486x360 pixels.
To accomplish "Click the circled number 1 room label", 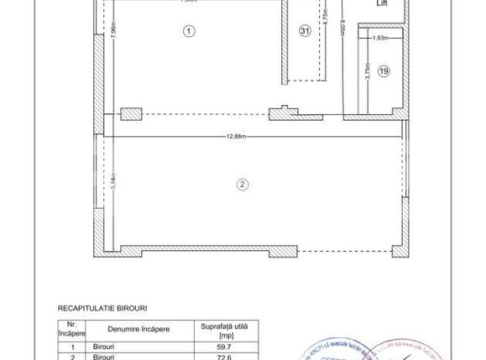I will (x=189, y=31).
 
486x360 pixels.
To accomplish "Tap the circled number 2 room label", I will (x=242, y=185).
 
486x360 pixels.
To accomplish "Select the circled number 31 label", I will (x=305, y=31).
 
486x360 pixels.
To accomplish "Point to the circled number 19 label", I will (x=384, y=72).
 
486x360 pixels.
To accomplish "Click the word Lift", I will (x=382, y=3).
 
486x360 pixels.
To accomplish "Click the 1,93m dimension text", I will (x=379, y=39).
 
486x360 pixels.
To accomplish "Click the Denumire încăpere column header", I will (x=138, y=329).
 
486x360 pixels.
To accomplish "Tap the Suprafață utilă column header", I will (x=226, y=328).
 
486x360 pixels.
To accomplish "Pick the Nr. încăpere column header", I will (x=72, y=328).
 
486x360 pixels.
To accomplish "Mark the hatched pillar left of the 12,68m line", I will (x=132, y=115).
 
